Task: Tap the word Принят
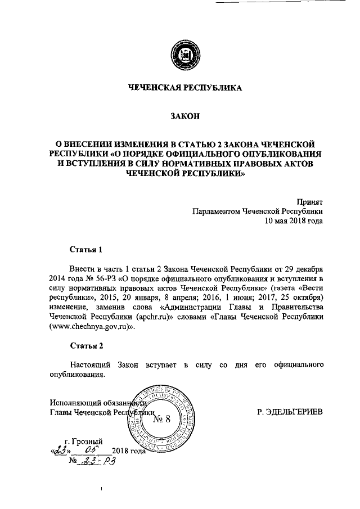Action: tap(310, 201)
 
